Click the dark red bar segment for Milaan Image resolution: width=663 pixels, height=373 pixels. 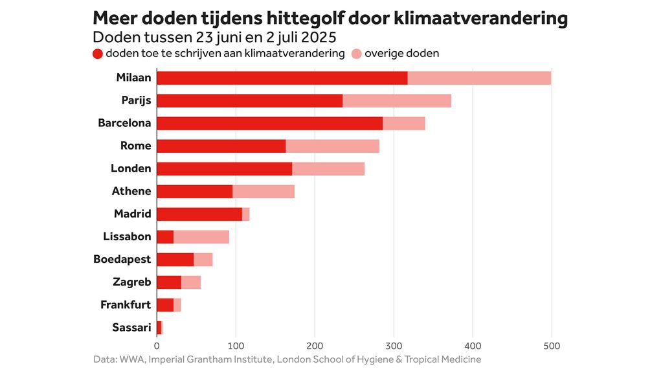[282, 78]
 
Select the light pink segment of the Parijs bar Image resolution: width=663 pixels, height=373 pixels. [396, 100]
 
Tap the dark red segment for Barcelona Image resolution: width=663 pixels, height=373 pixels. [269, 123]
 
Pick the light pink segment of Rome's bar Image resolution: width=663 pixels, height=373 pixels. [332, 146]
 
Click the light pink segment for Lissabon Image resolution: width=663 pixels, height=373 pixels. [201, 237]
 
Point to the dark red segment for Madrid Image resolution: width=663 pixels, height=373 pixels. [199, 214]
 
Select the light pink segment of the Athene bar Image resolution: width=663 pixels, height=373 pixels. [263, 191]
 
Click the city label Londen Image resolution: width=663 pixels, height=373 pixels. [131, 168]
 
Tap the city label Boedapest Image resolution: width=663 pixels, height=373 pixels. [122, 259]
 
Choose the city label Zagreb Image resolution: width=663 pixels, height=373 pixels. [131, 282]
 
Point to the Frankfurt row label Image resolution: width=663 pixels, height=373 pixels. [126, 304]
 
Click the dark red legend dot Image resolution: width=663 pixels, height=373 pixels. [98, 54]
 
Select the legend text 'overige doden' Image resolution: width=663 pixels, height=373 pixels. [401, 53]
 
